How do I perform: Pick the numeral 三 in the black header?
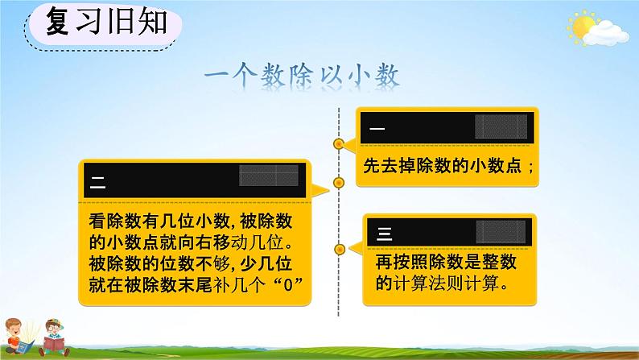pyautogui.click(x=384, y=234)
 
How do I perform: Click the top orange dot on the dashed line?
pyautogui.click(x=339, y=145)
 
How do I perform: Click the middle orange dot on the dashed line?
pyautogui.click(x=339, y=182)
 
